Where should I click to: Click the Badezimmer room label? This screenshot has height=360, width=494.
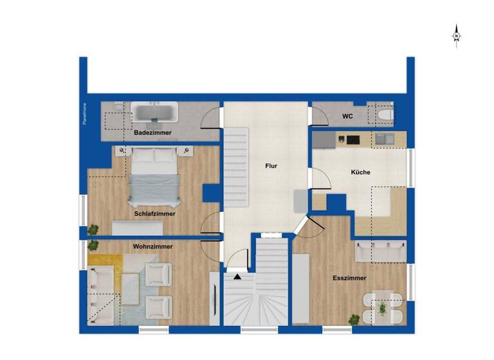point(152,133)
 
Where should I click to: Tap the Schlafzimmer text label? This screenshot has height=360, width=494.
point(155,213)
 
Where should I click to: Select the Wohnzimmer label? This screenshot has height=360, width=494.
point(153,246)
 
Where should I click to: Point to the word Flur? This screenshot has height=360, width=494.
point(271,166)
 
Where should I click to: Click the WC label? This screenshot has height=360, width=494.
point(347,117)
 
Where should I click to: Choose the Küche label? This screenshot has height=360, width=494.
point(360,172)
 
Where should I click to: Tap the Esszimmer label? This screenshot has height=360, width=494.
point(350,278)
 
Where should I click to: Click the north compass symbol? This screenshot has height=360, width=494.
point(456,35)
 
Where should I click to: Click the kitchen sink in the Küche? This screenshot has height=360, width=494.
point(385,138)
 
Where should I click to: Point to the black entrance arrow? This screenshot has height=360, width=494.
point(237,276)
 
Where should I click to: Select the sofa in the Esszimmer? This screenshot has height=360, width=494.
point(380,251)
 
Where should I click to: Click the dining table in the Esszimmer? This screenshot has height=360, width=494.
point(382,307)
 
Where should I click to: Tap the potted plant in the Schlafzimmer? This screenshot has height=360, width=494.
point(94,228)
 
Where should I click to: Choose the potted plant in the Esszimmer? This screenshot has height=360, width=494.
point(354,318)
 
